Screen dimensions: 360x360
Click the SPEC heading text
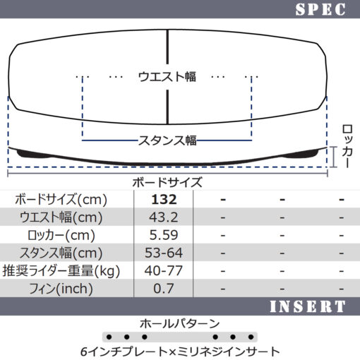pos(320,10)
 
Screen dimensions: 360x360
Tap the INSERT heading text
pos(308,306)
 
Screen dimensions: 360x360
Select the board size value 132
pos(164,200)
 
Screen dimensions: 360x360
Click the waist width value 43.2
pos(164,217)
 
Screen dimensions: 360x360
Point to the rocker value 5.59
pos(164,235)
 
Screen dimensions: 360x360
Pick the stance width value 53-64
pos(164,253)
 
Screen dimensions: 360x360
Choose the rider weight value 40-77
pos(164,270)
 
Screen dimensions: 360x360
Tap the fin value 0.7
pos(164,289)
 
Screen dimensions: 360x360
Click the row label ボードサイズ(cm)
pos(61,200)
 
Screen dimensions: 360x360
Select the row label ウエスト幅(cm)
pos(61,217)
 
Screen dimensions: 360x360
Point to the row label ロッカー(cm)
pos(61,235)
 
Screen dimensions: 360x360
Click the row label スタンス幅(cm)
pos(61,253)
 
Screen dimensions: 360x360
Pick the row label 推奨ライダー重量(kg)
pos(61,271)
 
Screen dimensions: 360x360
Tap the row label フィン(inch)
pos(61,289)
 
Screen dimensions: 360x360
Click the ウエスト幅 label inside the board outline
pos(167,77)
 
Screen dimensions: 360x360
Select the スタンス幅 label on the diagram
pos(167,140)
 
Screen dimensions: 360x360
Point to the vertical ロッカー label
pos(347,146)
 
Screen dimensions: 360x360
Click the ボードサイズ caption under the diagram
pos(167,182)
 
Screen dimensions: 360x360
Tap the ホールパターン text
pos(180,324)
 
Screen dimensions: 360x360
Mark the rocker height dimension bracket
pos(333,157)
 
